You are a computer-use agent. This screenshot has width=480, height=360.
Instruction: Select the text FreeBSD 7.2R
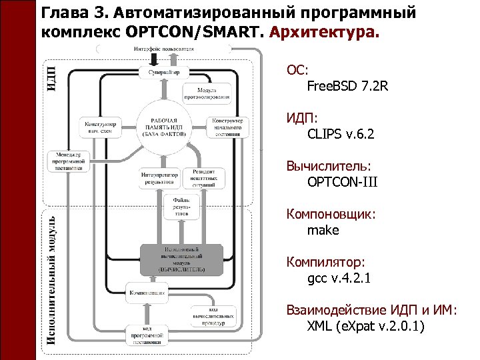(347, 86)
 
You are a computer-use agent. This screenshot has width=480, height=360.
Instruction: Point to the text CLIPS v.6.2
(341, 134)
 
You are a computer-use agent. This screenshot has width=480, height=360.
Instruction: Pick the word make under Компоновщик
(323, 230)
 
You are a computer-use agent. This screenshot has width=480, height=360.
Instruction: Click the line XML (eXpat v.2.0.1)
(365, 327)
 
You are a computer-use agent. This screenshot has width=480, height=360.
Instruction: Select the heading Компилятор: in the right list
(326, 262)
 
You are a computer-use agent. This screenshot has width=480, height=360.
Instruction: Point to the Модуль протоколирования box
(213, 93)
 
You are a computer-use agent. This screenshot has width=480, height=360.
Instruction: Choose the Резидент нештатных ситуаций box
(204, 177)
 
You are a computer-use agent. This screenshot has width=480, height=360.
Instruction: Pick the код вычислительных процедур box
(212, 315)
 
